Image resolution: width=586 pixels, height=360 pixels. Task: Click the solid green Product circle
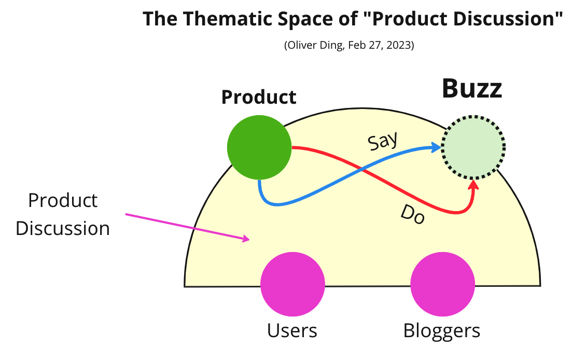click(259, 148)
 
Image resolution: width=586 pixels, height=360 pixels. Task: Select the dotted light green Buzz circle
click(473, 147)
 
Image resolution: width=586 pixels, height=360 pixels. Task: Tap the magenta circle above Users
click(292, 284)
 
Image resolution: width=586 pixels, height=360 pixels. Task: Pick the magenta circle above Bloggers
click(442, 284)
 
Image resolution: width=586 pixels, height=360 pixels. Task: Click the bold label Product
click(259, 97)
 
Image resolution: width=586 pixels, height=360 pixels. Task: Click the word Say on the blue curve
click(382, 141)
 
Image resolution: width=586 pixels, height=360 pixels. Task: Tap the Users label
click(292, 330)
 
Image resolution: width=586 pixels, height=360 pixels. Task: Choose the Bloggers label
click(442, 330)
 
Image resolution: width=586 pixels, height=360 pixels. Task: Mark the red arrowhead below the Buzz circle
click(473, 184)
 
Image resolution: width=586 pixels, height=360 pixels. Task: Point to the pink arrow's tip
click(248, 239)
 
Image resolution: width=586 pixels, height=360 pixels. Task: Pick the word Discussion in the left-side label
click(63, 228)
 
